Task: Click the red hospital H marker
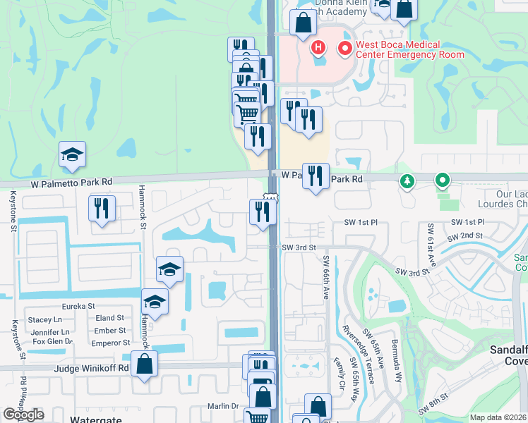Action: (318, 48)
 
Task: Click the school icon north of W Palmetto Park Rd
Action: (72, 156)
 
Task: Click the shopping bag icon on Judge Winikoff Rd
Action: (144, 365)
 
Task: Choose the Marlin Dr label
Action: (224, 406)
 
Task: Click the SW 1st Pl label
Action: (361, 223)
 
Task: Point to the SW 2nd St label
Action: (467, 235)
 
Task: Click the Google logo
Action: (23, 414)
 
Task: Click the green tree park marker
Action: (407, 182)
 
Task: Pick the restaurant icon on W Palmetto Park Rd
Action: (316, 176)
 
